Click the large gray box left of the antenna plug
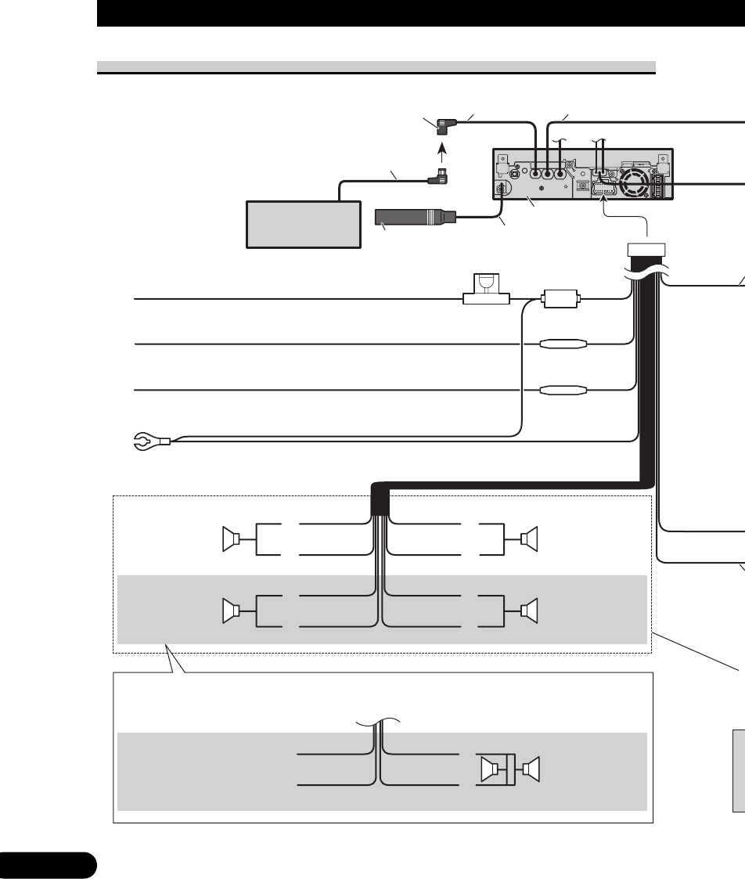click(x=304, y=225)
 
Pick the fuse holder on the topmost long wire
click(x=486, y=292)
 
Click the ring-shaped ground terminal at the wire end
click(x=145, y=445)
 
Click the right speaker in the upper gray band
click(x=528, y=610)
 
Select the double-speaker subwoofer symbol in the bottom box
click(x=511, y=771)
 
